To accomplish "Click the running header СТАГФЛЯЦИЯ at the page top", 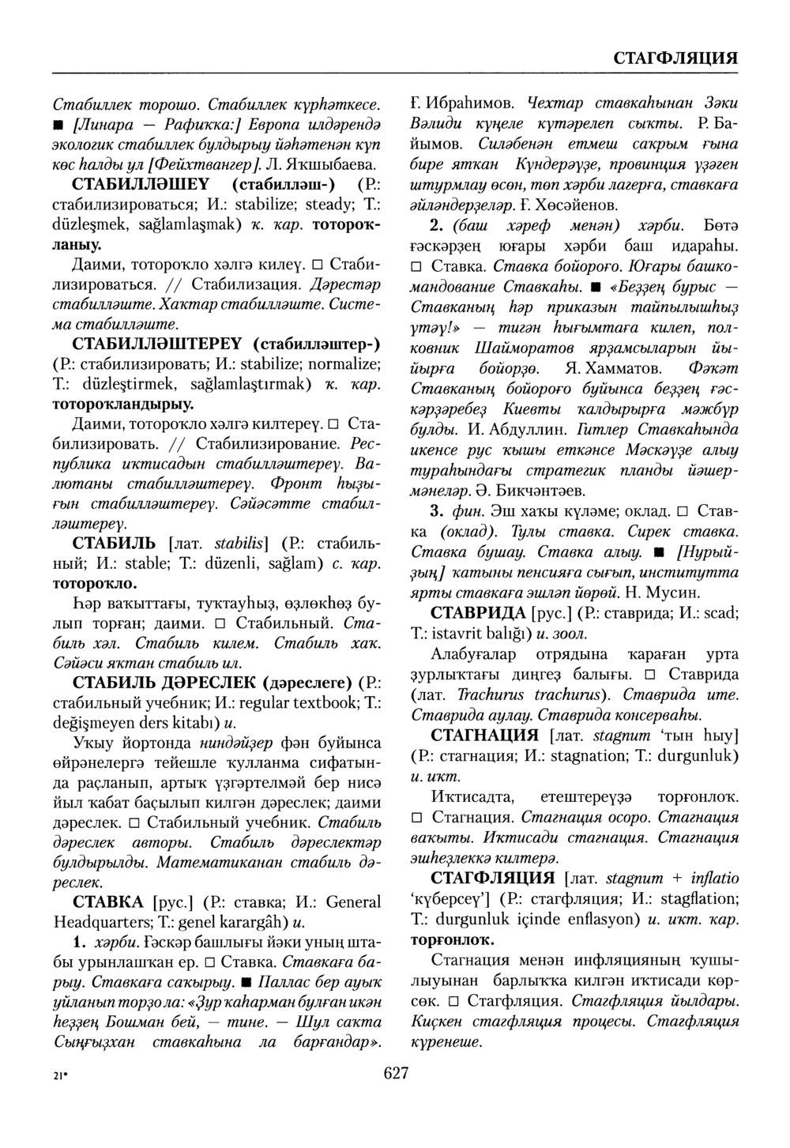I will pos(675,58).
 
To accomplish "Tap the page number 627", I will pos(395,1072).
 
